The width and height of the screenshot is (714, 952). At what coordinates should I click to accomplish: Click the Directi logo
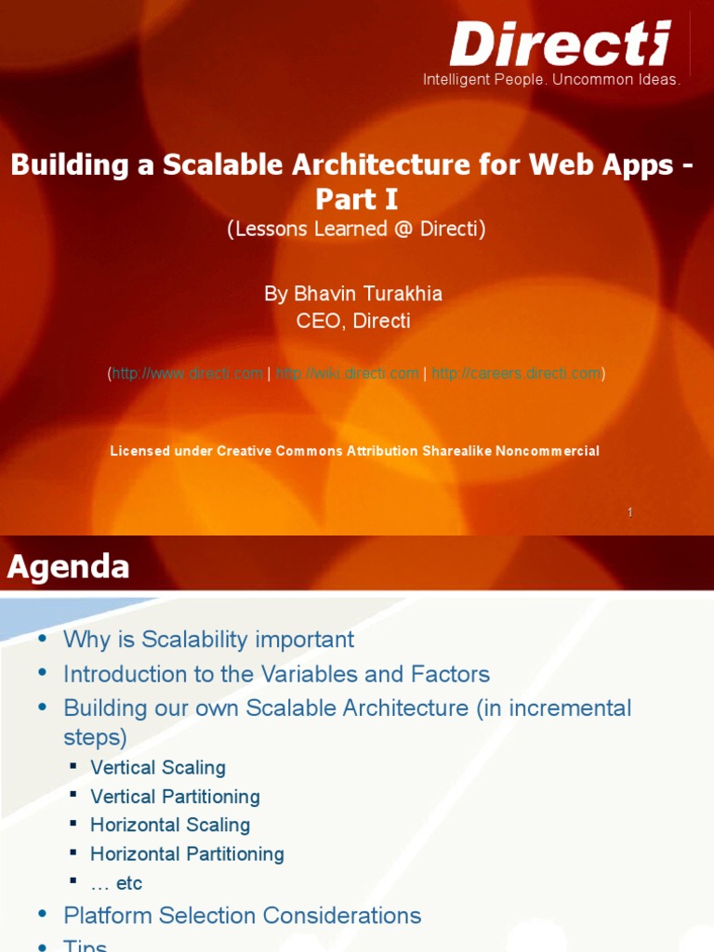tap(560, 44)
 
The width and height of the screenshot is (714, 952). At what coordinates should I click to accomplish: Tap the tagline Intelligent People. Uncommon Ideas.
tap(551, 80)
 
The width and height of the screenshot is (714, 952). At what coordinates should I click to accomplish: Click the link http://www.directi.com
tap(187, 374)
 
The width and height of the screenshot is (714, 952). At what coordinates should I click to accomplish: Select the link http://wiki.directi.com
tap(348, 374)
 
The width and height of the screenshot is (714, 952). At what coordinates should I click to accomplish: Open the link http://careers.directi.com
tap(516, 374)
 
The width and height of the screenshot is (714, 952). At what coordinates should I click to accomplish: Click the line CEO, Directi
tap(352, 321)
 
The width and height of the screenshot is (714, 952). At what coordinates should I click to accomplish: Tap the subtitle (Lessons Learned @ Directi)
tap(356, 229)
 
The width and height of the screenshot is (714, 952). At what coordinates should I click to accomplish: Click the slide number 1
tap(630, 512)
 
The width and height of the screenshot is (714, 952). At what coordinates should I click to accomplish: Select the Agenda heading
tap(69, 566)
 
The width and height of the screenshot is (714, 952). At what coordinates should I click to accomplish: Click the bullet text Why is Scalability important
tap(208, 640)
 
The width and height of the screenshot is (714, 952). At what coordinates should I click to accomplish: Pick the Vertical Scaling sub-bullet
tap(158, 768)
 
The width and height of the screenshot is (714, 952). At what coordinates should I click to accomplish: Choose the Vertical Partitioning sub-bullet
tap(175, 797)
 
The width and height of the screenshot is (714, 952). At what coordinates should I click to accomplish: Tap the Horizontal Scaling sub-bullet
tap(170, 826)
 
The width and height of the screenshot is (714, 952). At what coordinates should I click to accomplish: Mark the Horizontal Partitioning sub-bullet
tap(187, 853)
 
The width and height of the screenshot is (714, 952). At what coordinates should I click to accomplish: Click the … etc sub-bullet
tap(116, 882)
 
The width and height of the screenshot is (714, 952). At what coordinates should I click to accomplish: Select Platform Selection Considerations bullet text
tap(242, 916)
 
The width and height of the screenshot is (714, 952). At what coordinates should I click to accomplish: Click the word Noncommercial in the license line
tap(548, 451)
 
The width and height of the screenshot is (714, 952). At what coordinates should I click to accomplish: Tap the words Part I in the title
tap(356, 199)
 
